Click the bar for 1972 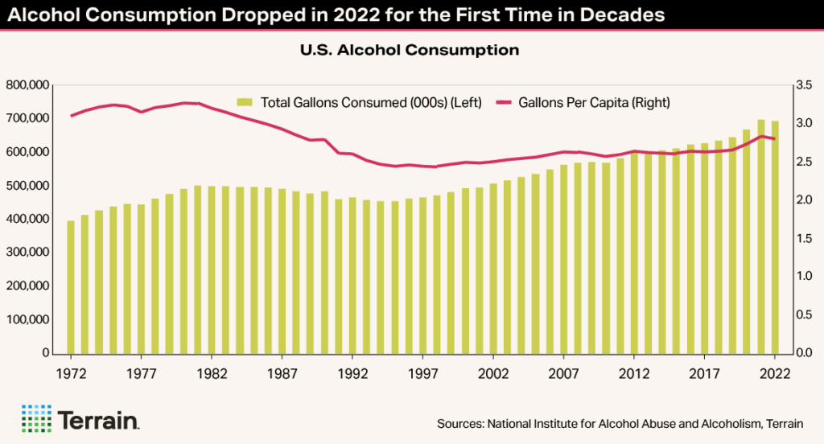coord(71,287)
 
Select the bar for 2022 coord(775,237)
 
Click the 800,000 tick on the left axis coord(28,84)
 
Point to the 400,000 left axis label coord(28,219)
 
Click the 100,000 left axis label coord(28,319)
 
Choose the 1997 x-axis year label coord(422,373)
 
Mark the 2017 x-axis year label coord(704,373)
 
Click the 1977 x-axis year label coord(141,373)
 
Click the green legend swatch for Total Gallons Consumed coord(245,102)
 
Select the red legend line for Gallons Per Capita coord(504,102)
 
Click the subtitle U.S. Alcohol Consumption coord(410,51)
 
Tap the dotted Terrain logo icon coord(35,419)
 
